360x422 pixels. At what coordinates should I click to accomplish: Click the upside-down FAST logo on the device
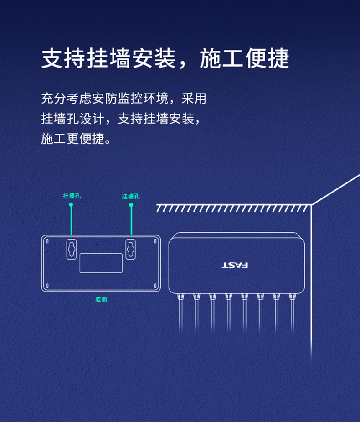(235, 266)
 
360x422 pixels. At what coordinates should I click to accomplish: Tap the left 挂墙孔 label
(72, 196)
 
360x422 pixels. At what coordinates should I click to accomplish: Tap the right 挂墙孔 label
(131, 196)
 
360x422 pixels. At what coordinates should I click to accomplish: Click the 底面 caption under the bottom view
(101, 300)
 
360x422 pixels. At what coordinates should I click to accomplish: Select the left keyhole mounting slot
(72, 249)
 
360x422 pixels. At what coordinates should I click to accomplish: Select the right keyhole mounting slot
(130, 249)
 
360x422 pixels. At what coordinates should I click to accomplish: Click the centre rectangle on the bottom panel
(101, 263)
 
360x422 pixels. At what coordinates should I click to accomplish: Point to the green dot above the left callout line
(71, 205)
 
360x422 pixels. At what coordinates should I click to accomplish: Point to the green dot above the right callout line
(131, 205)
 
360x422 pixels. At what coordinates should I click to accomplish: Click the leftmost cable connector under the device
(180, 297)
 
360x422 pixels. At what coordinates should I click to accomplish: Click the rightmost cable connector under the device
(292, 297)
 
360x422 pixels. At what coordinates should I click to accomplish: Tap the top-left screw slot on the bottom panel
(47, 241)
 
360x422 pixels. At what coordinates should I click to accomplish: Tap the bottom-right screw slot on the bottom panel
(155, 286)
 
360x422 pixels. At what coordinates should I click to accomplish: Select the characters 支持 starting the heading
(64, 58)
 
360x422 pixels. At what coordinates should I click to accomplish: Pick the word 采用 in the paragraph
(194, 98)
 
